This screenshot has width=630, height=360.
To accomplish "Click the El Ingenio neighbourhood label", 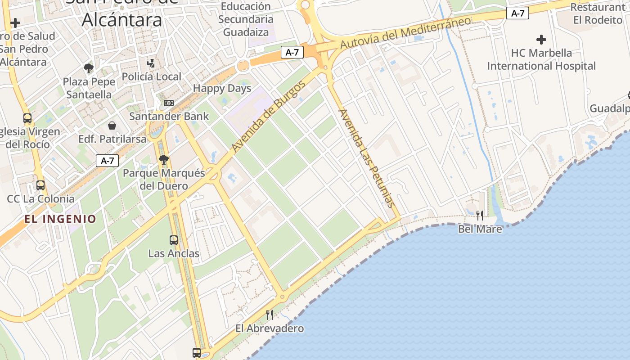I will [x=60, y=219].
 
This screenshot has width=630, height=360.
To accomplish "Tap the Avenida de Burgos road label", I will [x=269, y=116].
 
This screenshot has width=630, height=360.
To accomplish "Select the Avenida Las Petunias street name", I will [x=366, y=158].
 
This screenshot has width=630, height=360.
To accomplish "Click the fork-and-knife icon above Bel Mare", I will [x=480, y=216].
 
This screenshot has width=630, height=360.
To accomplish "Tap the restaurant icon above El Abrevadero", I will [x=270, y=315].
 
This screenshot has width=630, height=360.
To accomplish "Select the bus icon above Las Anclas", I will [x=174, y=240].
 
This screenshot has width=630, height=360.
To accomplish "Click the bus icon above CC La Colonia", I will [x=40, y=185].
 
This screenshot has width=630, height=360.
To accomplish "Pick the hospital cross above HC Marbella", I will [x=541, y=40].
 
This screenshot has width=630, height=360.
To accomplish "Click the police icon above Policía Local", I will [x=152, y=63].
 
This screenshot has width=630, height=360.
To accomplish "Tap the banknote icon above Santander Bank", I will [x=169, y=103].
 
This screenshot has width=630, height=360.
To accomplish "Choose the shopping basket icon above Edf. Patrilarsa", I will [x=112, y=126].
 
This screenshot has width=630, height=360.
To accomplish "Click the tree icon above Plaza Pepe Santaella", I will [x=89, y=68].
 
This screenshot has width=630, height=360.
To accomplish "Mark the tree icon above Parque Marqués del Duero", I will [x=164, y=159].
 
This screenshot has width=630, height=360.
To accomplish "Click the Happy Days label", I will [x=222, y=88].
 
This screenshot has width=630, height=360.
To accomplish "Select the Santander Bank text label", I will [x=169, y=116].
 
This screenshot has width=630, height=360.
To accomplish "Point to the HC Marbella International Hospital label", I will [x=541, y=59].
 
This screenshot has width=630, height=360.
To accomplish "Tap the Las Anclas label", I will [x=174, y=253].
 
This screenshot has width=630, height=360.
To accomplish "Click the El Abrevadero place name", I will [x=270, y=328].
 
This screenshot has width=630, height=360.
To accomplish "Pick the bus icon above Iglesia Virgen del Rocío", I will [x=27, y=118].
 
